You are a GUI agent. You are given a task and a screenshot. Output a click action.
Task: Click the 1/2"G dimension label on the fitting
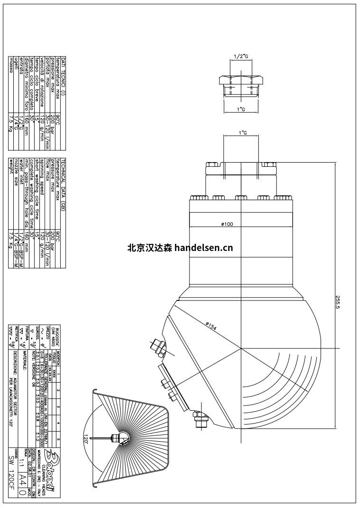point(241,57)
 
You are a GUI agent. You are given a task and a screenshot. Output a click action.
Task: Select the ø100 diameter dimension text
point(226,224)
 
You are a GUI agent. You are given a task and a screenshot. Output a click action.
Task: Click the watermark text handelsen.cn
point(202,247)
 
